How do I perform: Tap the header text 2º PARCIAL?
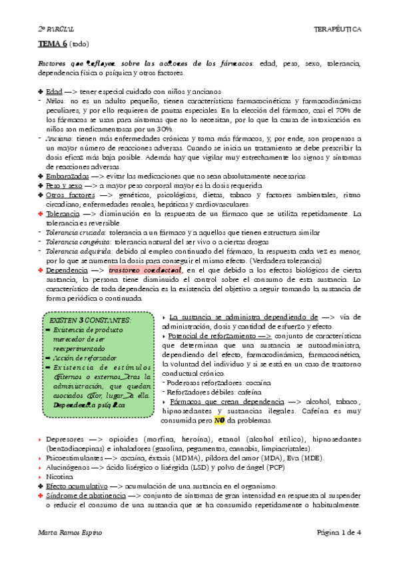click(x=53, y=30)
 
